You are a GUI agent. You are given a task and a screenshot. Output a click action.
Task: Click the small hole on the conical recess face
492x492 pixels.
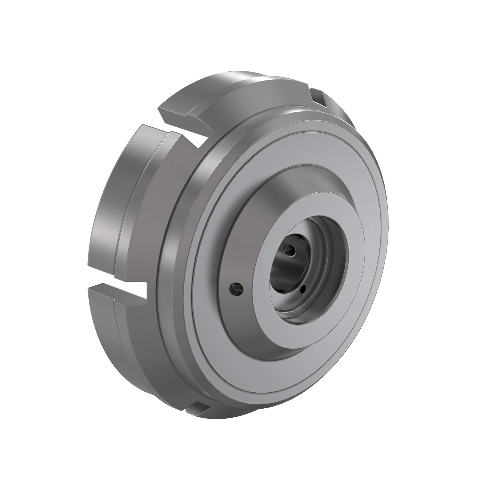(x=237, y=289)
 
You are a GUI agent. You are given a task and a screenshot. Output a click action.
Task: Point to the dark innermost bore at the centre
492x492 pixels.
(x=283, y=270)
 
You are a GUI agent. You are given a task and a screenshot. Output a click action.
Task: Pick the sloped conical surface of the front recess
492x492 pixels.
(x=245, y=229)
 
